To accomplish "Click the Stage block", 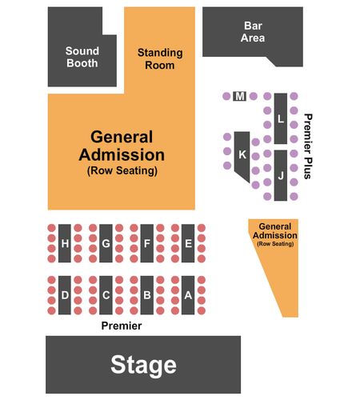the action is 143,365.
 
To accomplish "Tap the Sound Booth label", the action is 82,57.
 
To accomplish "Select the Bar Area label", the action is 253,32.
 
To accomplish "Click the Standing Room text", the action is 160,59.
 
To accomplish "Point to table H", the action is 65,243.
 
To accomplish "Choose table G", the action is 106,243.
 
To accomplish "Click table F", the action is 147,243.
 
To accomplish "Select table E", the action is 188,243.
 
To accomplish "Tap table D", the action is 65,295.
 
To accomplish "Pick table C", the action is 106,295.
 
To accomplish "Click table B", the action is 147,295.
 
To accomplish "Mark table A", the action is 188,295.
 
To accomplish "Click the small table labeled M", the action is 240,96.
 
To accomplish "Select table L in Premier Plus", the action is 281,118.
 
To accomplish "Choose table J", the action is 281,175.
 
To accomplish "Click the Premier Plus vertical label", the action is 308,146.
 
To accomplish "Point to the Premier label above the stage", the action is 122,326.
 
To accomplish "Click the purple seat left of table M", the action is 226,96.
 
